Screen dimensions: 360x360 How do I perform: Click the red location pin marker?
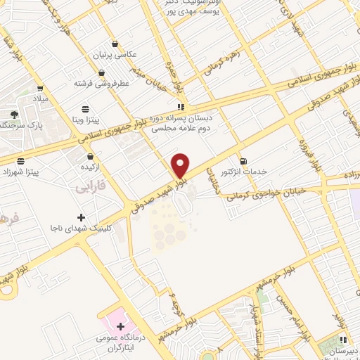click(181, 165)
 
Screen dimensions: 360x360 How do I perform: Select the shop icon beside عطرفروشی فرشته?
click(102, 72)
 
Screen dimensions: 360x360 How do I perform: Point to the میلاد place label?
click(39, 98)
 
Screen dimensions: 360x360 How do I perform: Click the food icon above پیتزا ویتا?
click(86, 109)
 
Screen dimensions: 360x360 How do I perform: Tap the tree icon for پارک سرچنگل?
click(14, 115)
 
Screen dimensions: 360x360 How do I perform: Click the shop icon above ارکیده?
click(90, 156)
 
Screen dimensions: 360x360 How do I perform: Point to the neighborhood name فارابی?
click(91, 188)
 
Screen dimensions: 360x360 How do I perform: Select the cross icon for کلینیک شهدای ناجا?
click(81, 217)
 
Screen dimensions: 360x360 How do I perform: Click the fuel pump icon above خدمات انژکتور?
click(243, 160)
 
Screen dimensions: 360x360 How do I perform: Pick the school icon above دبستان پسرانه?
click(181, 108)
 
